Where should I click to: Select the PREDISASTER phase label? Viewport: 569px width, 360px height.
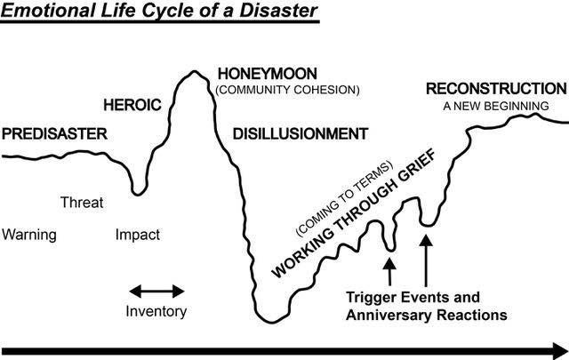54,134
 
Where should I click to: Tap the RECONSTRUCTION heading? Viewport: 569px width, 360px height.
495,89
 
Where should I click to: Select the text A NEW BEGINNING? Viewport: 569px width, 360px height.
496,106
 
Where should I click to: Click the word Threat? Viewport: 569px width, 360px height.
82,203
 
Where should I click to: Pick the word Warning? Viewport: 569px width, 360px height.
29,236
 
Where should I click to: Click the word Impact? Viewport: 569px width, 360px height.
138,236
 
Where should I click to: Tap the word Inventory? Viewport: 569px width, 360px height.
156,311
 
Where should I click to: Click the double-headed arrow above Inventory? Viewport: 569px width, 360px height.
156,291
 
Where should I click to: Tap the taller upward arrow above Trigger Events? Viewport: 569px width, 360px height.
425,256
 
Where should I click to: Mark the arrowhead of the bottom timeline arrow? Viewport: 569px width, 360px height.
557,348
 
